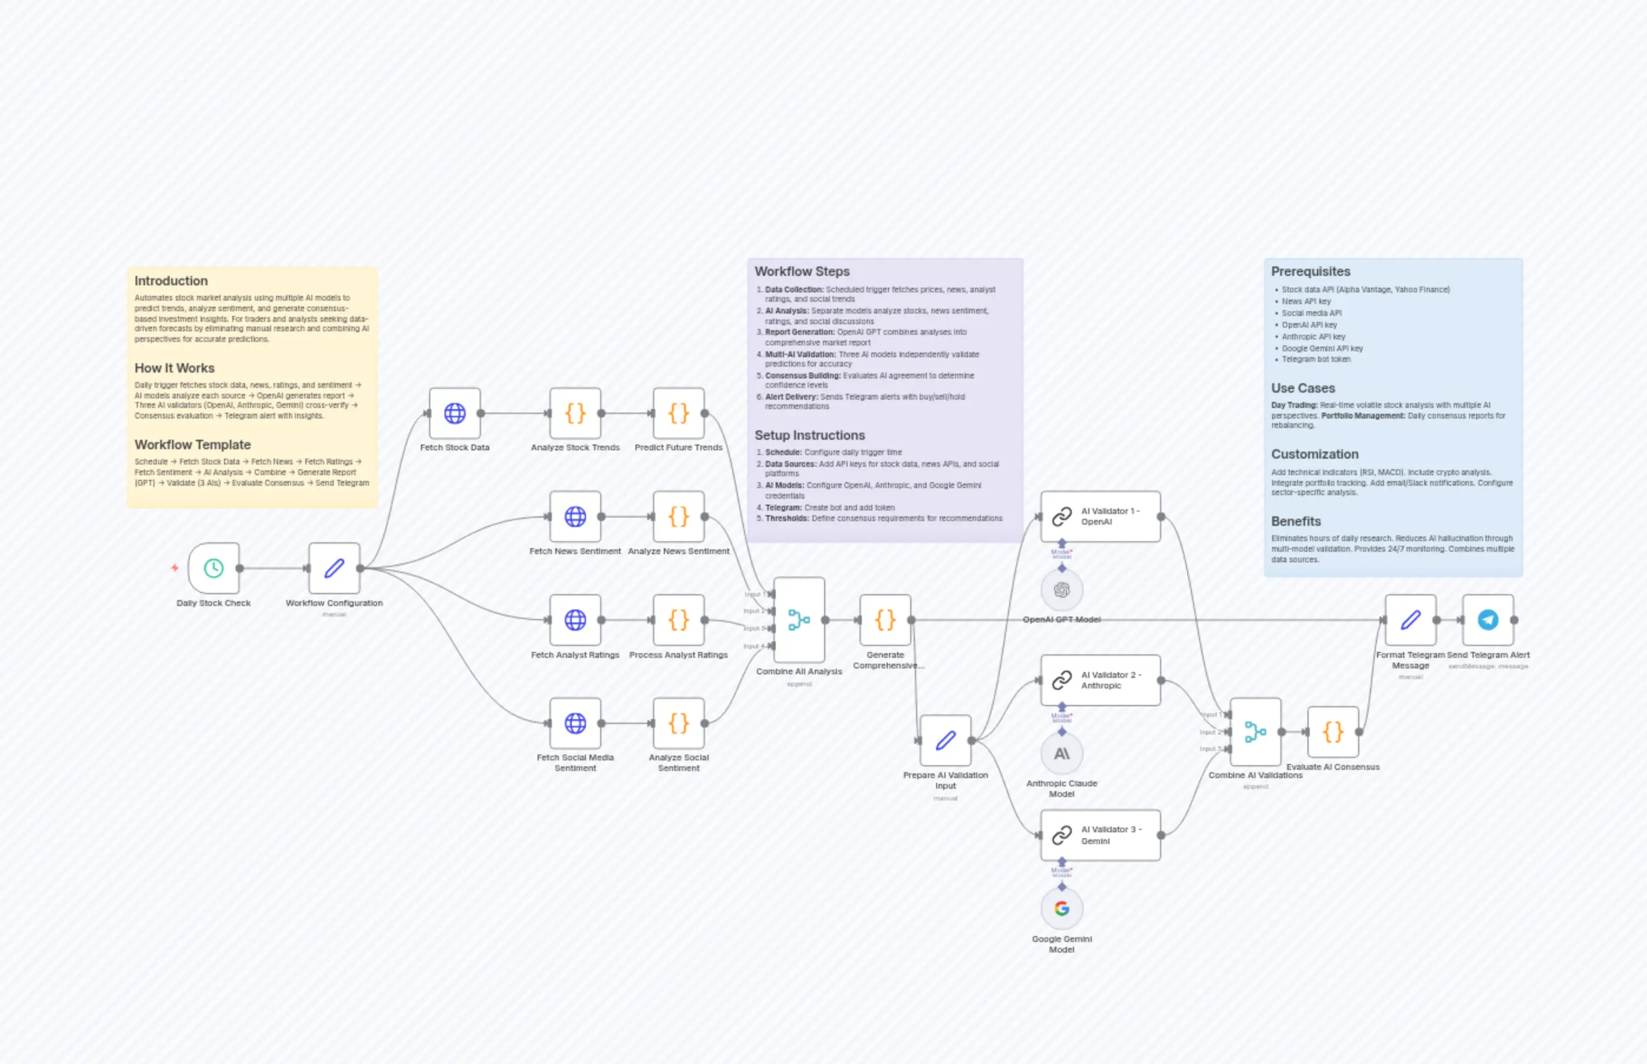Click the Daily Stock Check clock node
(x=213, y=568)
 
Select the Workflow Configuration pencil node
(x=334, y=568)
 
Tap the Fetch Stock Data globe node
(x=454, y=413)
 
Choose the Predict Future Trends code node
(x=678, y=413)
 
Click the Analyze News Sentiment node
(x=678, y=516)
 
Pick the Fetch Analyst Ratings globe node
(x=575, y=620)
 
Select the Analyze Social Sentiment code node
(x=678, y=723)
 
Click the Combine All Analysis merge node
(x=799, y=620)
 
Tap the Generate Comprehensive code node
(x=885, y=620)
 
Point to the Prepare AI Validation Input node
(x=945, y=740)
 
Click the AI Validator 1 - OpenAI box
(x=1101, y=516)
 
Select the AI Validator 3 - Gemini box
(x=1101, y=835)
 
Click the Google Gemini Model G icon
(x=1062, y=908)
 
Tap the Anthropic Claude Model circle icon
(x=1062, y=753)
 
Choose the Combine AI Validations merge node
(x=1255, y=732)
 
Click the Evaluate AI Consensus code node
(x=1333, y=732)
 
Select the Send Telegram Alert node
(x=1488, y=620)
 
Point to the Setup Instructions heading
(x=810, y=435)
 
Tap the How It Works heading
(x=174, y=368)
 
